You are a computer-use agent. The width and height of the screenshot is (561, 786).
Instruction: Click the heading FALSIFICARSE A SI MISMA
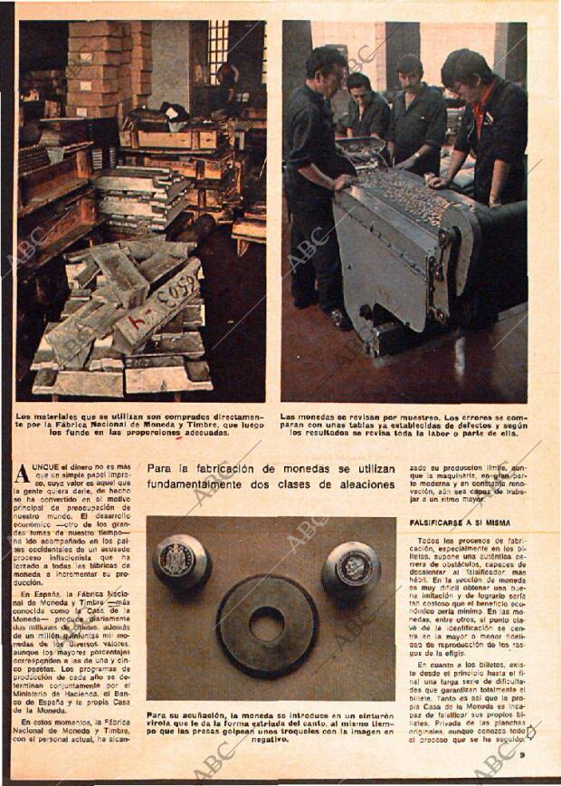pyautogui.click(x=460, y=523)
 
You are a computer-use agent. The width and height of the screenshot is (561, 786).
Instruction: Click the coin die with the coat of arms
pyautogui.click(x=181, y=562)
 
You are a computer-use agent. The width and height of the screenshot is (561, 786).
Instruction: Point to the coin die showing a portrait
pyautogui.click(x=351, y=569)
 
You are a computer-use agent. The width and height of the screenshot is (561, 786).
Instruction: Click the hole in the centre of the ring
pyautogui.click(x=266, y=623)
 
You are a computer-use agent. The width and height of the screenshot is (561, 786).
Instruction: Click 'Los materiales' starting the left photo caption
pyautogui.click(x=46, y=417)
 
